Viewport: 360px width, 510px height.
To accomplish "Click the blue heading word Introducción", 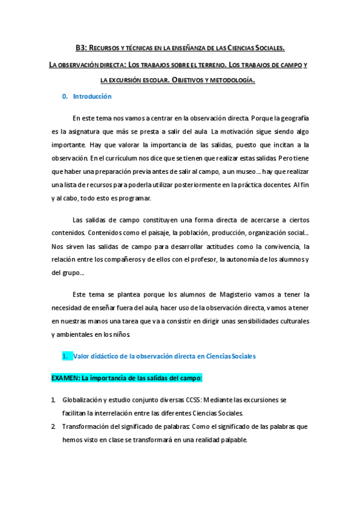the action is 92,96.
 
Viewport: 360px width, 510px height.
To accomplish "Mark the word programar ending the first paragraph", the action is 133,198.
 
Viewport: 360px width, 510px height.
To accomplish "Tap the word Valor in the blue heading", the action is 82,356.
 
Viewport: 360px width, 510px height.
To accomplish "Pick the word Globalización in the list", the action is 85,399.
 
